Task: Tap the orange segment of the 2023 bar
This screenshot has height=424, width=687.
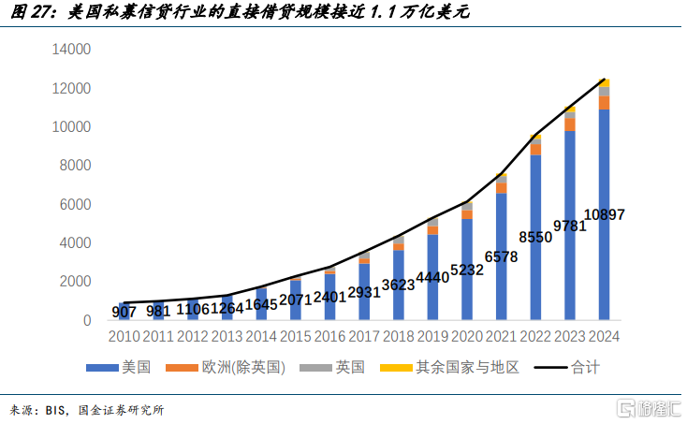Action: [x=570, y=124]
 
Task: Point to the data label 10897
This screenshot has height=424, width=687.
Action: [x=604, y=214]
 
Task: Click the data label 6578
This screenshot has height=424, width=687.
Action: [x=501, y=256]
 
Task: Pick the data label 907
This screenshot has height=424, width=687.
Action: [x=124, y=312]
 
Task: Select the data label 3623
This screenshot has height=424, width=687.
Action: [x=398, y=285]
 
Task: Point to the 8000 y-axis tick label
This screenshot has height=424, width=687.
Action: [x=76, y=166]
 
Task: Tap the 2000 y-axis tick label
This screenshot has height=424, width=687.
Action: [x=76, y=282]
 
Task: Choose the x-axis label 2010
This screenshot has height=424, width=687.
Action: [x=124, y=337]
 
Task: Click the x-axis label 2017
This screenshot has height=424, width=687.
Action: [x=364, y=337]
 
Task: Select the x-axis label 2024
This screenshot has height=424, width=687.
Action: [x=604, y=337]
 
